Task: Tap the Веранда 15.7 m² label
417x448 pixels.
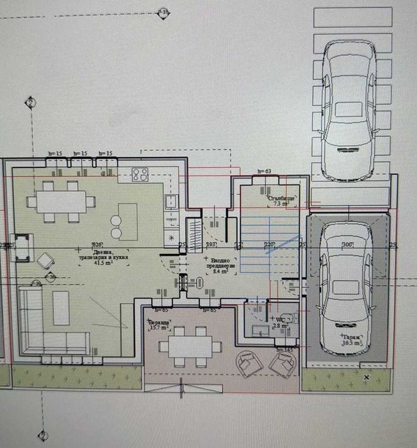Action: pyautogui.click(x=158, y=325)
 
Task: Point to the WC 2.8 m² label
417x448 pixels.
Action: pyautogui.click(x=280, y=321)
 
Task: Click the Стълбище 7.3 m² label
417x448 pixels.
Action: pyautogui.click(x=280, y=201)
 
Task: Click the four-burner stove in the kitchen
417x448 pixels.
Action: pyautogui.click(x=140, y=174)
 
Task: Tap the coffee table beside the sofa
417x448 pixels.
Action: pyautogui.click(x=61, y=308)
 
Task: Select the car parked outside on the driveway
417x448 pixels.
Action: pyautogui.click(x=348, y=109)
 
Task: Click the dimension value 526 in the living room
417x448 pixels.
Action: pyautogui.click(x=98, y=245)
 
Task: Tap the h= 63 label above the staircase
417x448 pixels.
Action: pyautogui.click(x=265, y=172)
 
